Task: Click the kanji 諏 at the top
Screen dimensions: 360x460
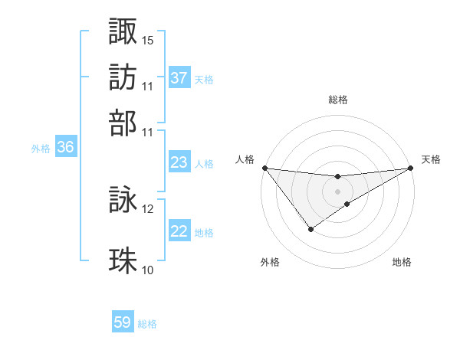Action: point(123,31)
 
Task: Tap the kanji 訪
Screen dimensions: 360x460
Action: point(123,77)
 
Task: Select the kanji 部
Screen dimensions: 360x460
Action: point(123,122)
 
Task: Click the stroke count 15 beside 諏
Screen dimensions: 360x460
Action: point(148,40)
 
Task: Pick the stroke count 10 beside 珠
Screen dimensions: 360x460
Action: point(148,270)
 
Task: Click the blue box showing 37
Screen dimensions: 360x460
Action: point(179,77)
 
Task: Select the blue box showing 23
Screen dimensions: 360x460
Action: point(179,162)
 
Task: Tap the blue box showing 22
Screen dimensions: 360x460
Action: point(179,231)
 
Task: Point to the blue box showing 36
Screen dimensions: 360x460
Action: point(65,148)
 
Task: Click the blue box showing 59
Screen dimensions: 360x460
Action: point(123,322)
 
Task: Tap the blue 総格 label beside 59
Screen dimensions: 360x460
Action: point(147,323)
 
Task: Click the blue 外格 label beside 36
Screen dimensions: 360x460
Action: point(41,149)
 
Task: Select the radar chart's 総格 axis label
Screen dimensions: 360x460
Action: point(338,100)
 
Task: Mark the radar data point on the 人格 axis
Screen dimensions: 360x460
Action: point(264,168)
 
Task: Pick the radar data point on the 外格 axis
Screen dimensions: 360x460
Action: point(310,229)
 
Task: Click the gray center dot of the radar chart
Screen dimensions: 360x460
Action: point(338,191)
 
